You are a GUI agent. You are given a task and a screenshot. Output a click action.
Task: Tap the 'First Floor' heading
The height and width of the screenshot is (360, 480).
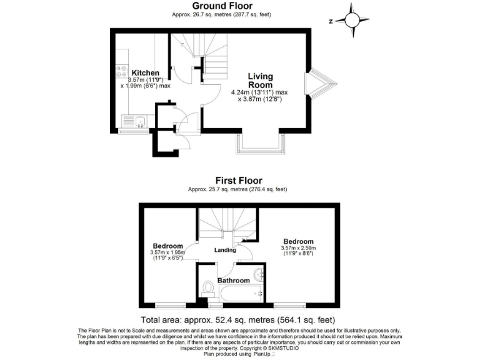[239, 181]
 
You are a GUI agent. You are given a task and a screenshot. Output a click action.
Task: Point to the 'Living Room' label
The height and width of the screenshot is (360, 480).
[260, 81]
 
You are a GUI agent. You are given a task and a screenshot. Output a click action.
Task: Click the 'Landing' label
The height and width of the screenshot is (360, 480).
[225, 251]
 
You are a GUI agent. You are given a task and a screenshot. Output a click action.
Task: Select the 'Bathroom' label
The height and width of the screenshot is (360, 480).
[232, 281]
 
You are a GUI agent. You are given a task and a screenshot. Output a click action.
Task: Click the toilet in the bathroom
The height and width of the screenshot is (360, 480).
[209, 288]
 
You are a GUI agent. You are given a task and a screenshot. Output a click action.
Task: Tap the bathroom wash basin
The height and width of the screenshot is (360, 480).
[259, 274]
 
